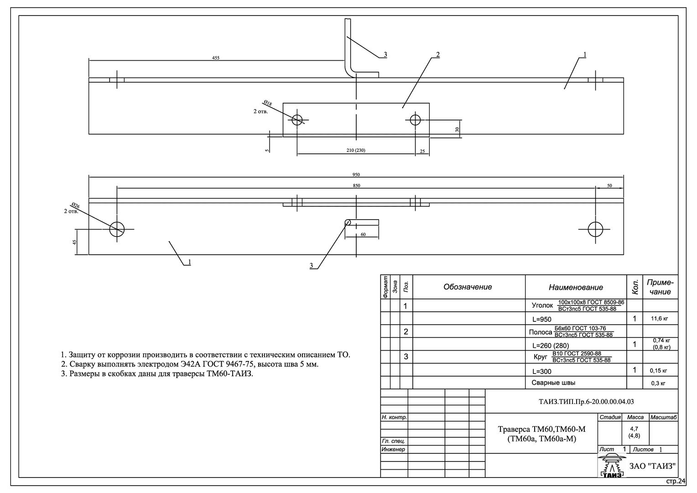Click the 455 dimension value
click(x=216, y=58)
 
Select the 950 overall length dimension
click(x=356, y=175)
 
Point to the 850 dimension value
click(x=356, y=186)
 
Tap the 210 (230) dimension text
click(x=356, y=151)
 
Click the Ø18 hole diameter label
click(x=268, y=103)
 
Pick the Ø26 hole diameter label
click(x=75, y=205)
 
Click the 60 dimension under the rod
click(x=363, y=235)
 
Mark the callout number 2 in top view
click(x=438, y=54)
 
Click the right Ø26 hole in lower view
click(x=595, y=230)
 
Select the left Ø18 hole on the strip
click(x=297, y=120)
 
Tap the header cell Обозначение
click(x=468, y=287)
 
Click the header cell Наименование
click(x=576, y=287)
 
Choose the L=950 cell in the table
click(x=542, y=319)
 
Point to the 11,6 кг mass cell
click(x=659, y=319)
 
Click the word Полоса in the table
click(x=541, y=332)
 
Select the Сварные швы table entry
click(x=553, y=383)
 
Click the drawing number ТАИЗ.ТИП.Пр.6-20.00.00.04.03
click(x=586, y=402)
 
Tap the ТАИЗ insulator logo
click(x=612, y=465)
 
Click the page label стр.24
click(x=676, y=481)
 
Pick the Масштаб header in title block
click(x=664, y=417)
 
